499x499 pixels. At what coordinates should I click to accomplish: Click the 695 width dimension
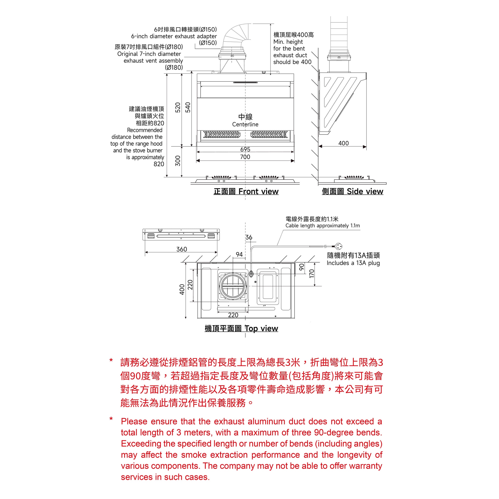click(245, 149)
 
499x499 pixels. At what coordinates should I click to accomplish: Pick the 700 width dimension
click(245, 157)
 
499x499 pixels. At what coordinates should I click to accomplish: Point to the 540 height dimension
click(188, 107)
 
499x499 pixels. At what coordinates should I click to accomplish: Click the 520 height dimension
click(178, 107)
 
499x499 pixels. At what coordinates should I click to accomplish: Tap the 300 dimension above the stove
click(178, 161)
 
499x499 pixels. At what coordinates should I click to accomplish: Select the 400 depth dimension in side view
click(344, 143)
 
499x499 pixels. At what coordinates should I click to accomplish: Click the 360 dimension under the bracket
click(182, 249)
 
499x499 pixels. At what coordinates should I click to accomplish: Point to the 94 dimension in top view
click(239, 254)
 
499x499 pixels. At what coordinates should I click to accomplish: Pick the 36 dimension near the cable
click(249, 237)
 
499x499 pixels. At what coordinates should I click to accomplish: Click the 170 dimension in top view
click(312, 274)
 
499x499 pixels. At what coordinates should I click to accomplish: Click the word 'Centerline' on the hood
click(245, 124)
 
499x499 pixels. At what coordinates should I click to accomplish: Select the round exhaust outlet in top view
click(233, 286)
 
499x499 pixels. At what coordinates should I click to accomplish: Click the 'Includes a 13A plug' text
click(353, 263)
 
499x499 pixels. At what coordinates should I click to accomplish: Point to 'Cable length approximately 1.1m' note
click(323, 225)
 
